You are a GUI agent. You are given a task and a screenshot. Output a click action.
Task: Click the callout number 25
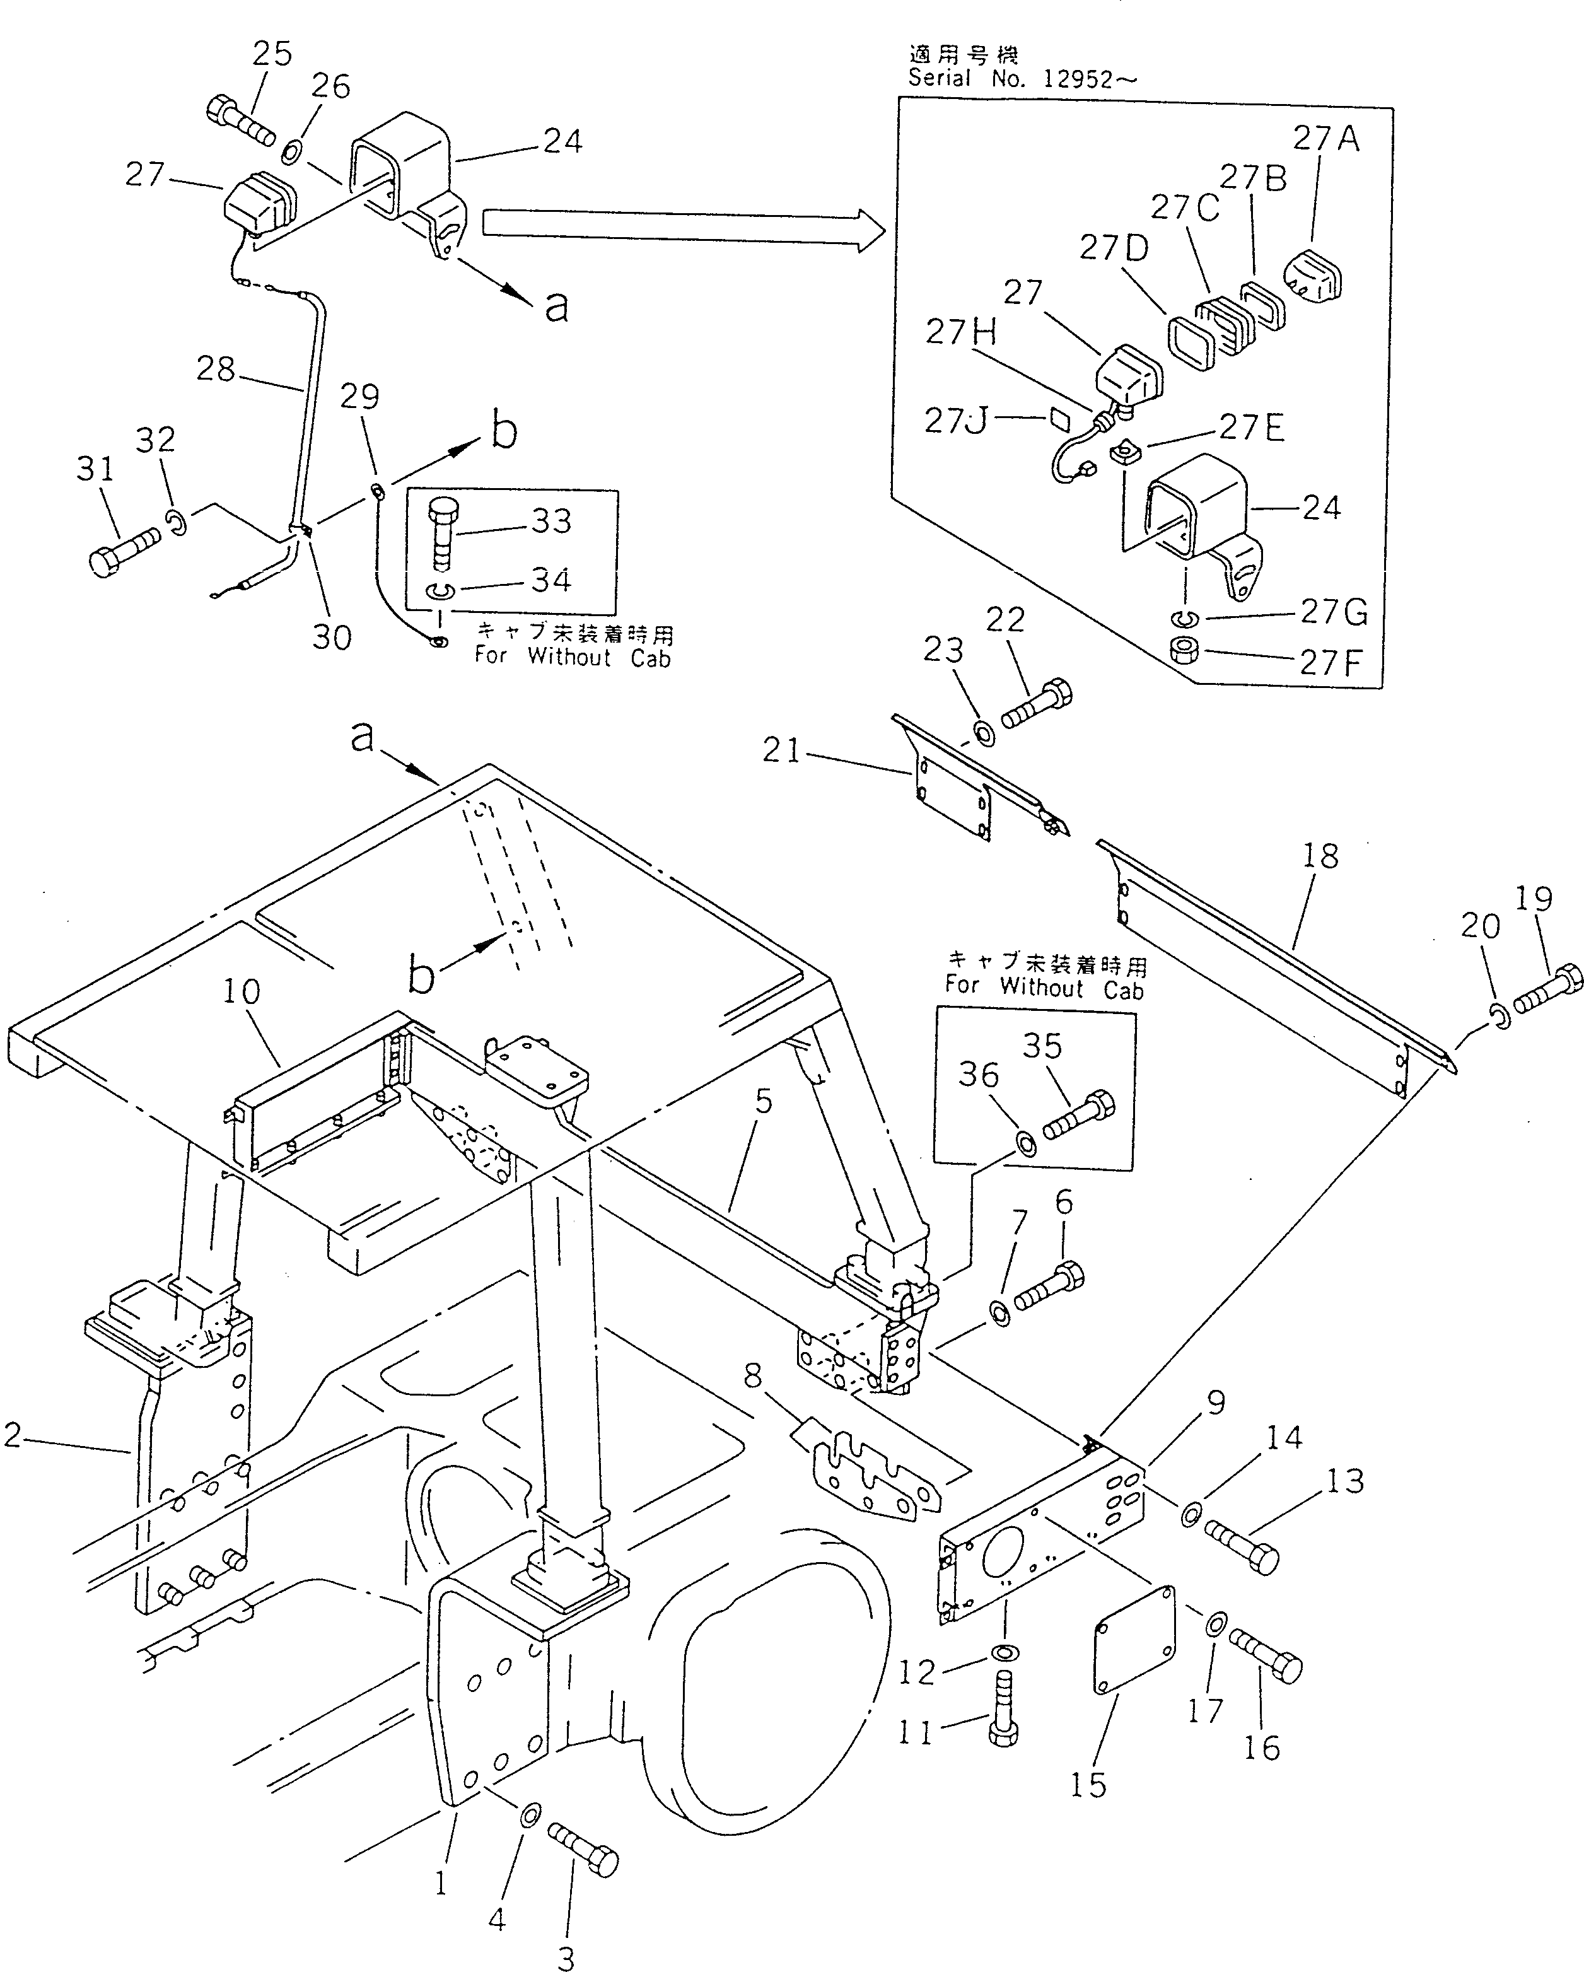tap(272, 54)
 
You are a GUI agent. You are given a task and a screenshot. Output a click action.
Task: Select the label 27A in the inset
tap(1325, 139)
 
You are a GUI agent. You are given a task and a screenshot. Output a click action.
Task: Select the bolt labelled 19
tap(1548, 991)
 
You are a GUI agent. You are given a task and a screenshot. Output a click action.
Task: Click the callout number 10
tap(242, 991)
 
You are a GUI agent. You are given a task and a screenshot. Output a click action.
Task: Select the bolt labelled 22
tap(1038, 706)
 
